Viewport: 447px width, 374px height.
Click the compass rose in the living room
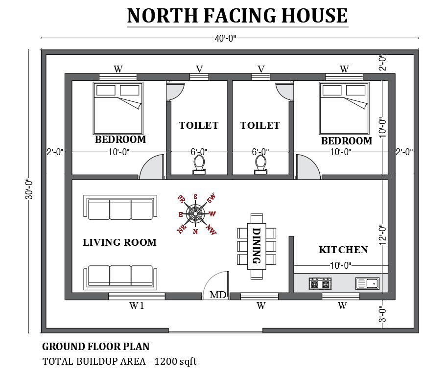click(x=196, y=213)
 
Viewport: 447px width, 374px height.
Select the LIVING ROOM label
click(x=119, y=242)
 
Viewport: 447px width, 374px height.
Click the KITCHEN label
click(x=343, y=250)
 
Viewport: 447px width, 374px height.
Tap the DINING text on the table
click(x=256, y=245)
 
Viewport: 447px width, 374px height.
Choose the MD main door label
click(x=217, y=295)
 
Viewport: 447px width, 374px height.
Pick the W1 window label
click(x=136, y=306)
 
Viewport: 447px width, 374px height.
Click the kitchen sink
click(x=367, y=283)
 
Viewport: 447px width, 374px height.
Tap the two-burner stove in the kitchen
click(x=320, y=283)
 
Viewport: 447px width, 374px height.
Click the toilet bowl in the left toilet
click(x=199, y=164)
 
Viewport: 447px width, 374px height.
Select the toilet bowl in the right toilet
click(x=260, y=164)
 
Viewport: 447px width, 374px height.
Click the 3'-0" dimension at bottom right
click(x=383, y=313)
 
